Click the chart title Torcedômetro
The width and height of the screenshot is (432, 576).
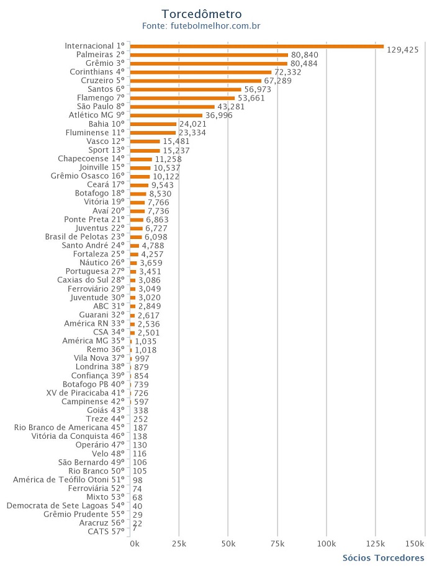(x=201, y=14)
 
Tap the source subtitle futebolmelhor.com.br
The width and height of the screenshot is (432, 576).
(x=201, y=26)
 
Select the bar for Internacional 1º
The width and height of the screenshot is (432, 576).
(x=257, y=46)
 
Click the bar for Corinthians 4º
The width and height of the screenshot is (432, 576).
(x=201, y=72)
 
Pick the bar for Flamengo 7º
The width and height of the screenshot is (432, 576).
(x=182, y=98)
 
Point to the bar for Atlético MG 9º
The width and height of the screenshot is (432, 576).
(x=166, y=115)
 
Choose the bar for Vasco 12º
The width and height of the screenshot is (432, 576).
(x=145, y=142)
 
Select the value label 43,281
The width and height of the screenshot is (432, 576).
(x=231, y=107)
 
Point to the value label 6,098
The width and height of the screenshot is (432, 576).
(x=156, y=237)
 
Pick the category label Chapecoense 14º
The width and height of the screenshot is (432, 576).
(x=91, y=159)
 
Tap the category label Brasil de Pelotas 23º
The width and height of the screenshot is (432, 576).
(x=85, y=237)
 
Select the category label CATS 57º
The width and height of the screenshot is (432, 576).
(x=106, y=532)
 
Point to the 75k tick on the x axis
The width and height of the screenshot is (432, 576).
(x=277, y=544)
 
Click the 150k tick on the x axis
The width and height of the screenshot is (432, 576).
(x=415, y=544)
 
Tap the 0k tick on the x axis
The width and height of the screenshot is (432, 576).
(x=135, y=544)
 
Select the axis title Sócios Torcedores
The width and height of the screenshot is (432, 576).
(x=383, y=558)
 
